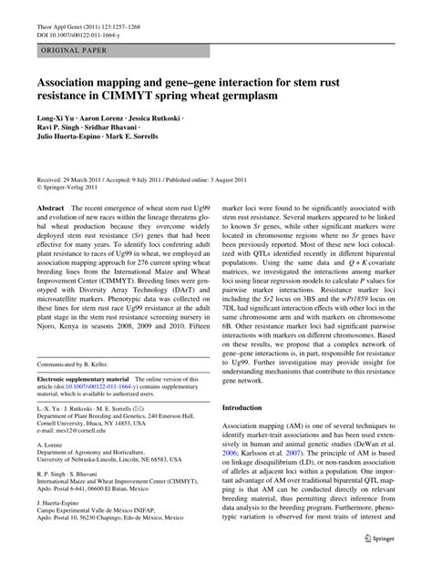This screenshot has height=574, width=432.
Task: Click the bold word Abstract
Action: (x=50, y=209)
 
